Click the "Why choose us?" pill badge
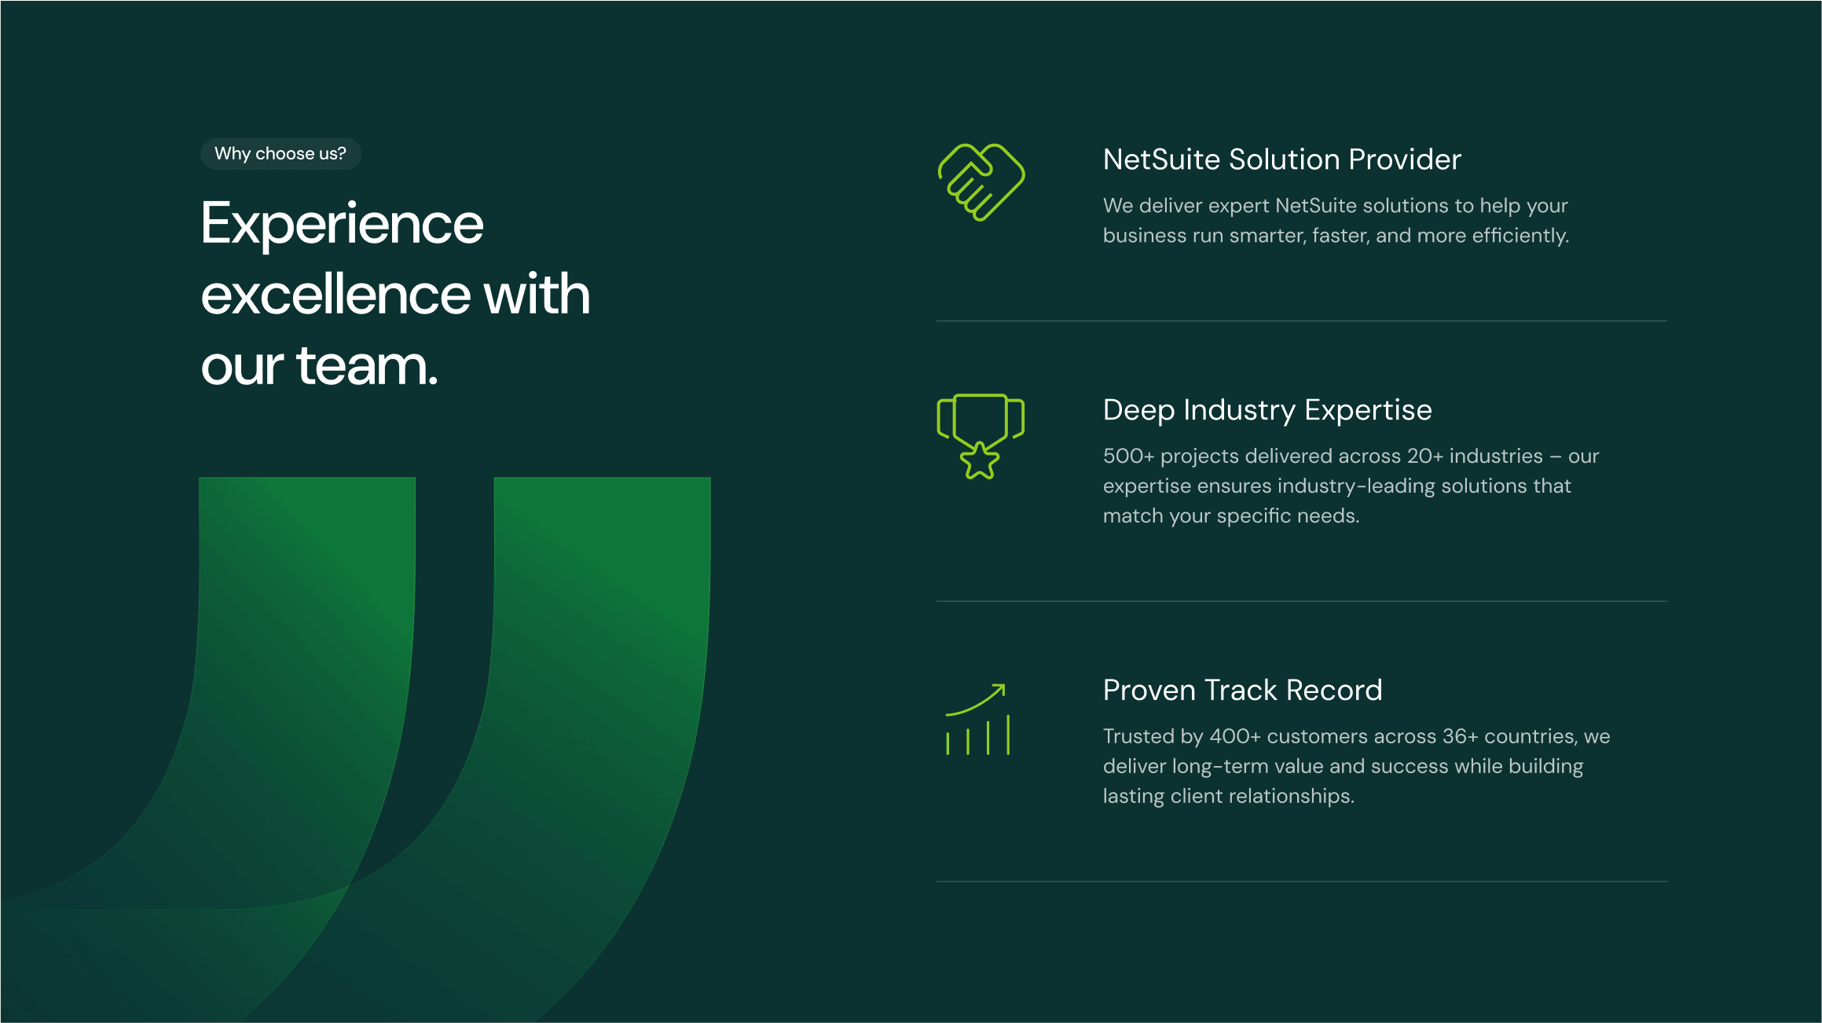point(280,154)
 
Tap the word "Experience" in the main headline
point(342,225)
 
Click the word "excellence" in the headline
point(336,295)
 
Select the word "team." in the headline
point(367,366)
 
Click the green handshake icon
point(981,182)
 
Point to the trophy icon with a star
point(981,436)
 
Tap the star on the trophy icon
point(980,460)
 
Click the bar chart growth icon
point(977,720)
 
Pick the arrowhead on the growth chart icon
point(999,690)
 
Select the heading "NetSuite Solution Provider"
point(1281,159)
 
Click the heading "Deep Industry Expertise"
point(1267,410)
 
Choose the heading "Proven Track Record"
point(1242,690)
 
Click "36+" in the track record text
point(1461,736)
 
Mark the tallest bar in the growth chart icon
point(1008,735)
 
